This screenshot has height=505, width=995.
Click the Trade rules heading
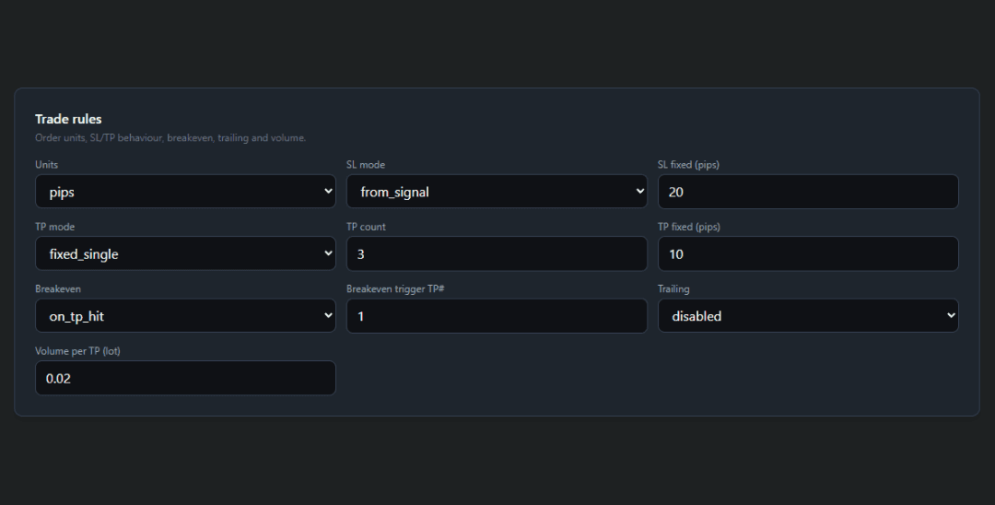68,119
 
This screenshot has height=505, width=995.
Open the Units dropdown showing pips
184,192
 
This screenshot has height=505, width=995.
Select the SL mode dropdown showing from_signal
496,192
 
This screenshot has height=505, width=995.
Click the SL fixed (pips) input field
807,192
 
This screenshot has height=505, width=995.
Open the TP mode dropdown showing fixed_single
184,253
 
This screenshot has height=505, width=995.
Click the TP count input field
496,253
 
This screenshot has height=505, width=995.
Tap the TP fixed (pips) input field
807,253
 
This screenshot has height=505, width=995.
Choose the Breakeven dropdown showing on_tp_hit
184,316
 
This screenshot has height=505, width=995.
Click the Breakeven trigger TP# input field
496,316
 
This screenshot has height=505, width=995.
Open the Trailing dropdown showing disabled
807,316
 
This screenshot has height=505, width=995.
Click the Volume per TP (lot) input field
184,378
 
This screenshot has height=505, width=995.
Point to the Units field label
46,165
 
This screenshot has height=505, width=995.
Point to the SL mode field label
366,165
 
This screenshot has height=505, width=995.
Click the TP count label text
366,227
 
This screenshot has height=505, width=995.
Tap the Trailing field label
673,289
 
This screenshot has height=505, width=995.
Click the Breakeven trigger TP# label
395,289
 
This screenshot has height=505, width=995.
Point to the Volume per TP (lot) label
77,351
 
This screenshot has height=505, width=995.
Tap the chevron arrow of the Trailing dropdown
951,316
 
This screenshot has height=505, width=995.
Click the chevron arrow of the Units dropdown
328,192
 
